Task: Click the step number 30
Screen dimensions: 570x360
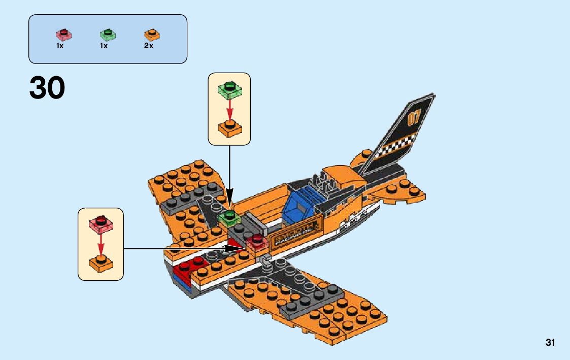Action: point(47,88)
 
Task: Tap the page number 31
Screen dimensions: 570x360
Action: point(550,343)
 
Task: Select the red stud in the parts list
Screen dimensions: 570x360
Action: point(63,35)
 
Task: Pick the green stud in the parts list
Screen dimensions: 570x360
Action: point(107,35)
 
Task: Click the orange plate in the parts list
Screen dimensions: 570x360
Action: point(152,35)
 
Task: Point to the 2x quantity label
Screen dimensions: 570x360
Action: point(148,46)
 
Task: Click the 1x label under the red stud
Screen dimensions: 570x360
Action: point(59,46)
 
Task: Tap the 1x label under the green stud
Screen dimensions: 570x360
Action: point(104,46)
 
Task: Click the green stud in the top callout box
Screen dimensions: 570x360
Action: point(229,89)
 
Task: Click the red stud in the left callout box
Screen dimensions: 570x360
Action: point(100,223)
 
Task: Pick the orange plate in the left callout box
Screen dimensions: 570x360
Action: point(100,263)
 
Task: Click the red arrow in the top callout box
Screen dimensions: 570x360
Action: point(229,108)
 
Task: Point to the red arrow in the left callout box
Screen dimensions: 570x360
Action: point(100,243)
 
